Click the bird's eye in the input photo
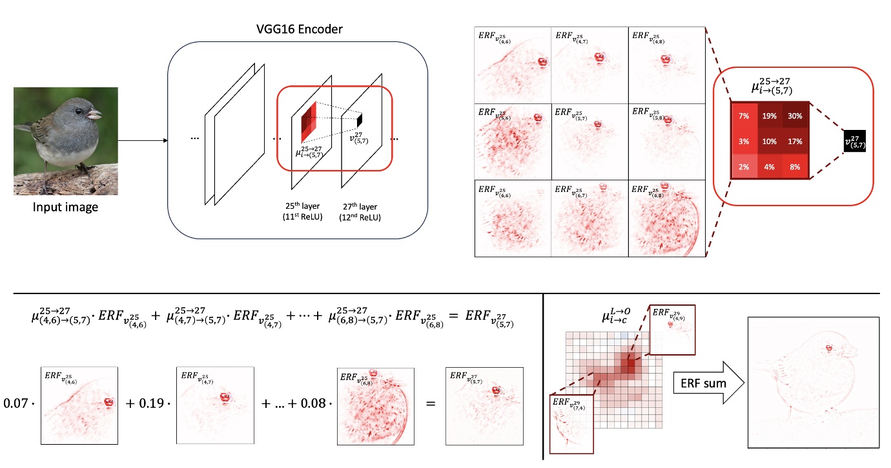click(78, 112)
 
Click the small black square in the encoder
click(360, 120)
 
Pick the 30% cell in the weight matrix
click(795, 117)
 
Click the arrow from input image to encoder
click(143, 140)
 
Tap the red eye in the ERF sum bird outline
click(828, 349)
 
